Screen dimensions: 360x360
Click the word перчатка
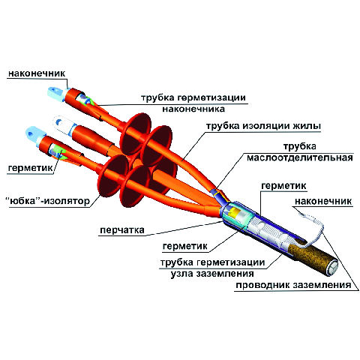pos(122,230)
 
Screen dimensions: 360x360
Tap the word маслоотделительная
pos(300,158)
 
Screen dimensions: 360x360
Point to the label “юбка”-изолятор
pos(47,200)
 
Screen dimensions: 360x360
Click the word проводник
pos(262,285)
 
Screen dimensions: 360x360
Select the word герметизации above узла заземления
pos(231,262)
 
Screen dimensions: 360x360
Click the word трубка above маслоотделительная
pos(299,146)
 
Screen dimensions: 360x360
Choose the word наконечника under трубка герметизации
pos(193,109)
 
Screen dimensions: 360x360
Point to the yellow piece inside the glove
pos(235,212)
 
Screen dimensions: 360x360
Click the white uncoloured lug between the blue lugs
pos(64,125)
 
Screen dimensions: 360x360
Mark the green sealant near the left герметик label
pos(59,152)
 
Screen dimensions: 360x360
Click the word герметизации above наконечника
pos(211,97)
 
